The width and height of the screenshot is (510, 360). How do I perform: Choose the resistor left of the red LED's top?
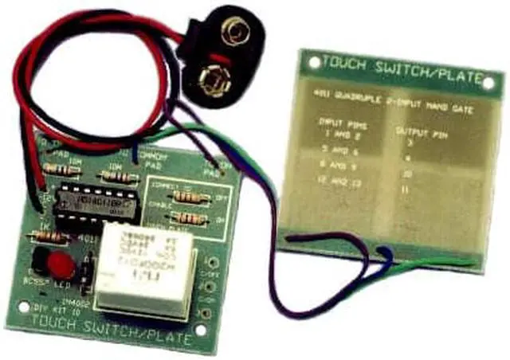pos(41,235)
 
